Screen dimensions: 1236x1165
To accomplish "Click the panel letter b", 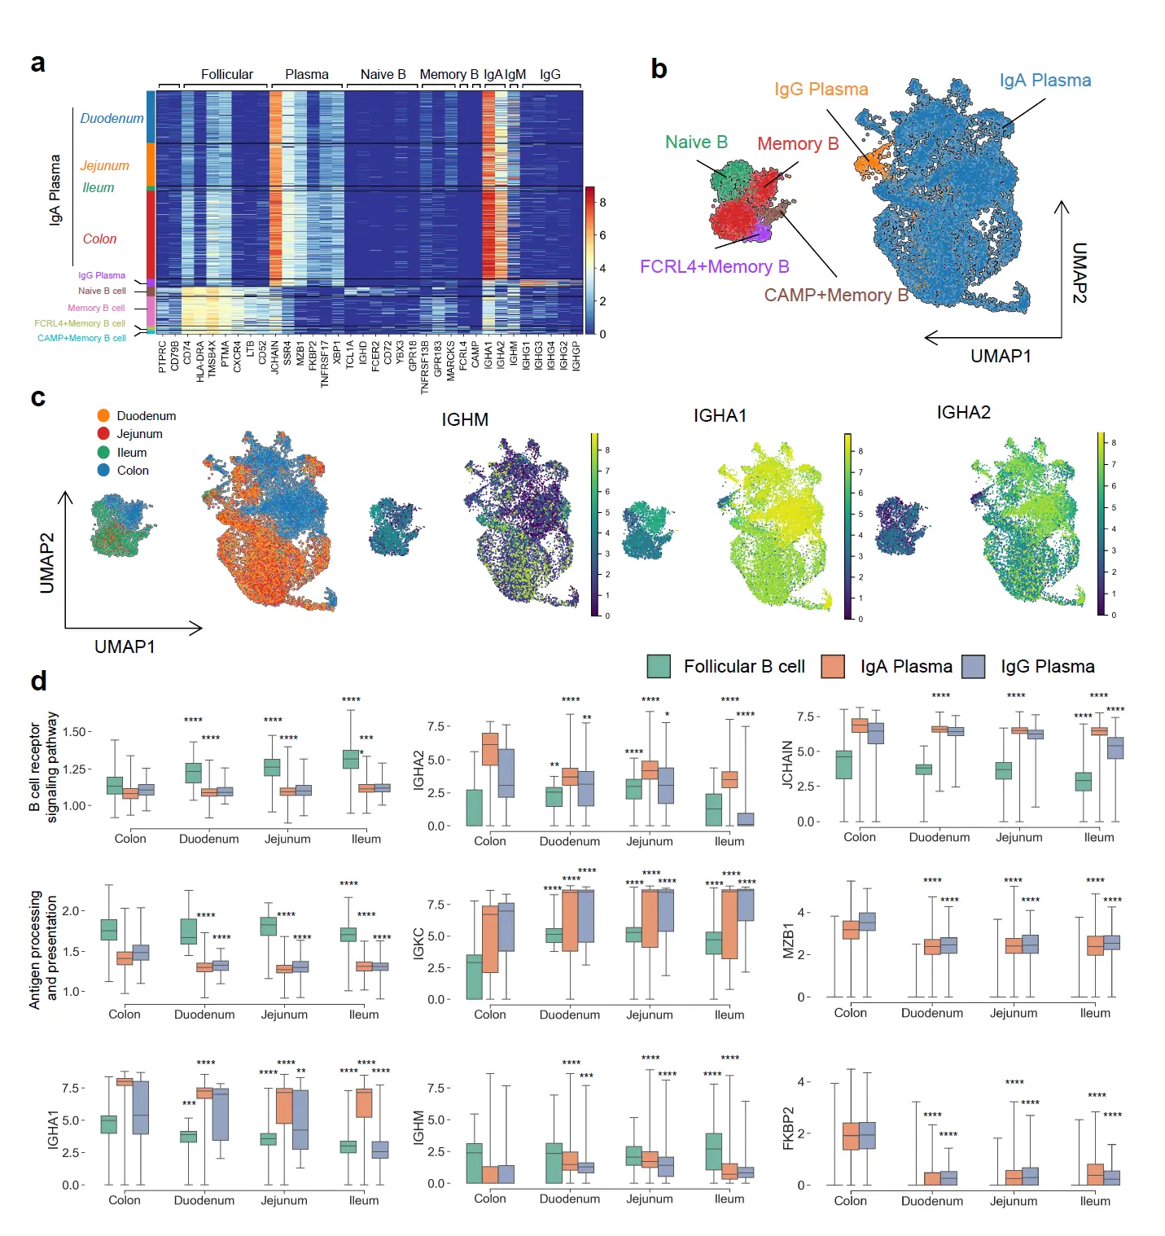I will click(x=659, y=69).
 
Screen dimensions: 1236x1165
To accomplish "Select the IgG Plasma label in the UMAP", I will click(x=821, y=90).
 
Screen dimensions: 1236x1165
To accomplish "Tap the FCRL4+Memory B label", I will click(x=714, y=267).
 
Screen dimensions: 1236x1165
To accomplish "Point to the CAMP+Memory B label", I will click(x=835, y=296).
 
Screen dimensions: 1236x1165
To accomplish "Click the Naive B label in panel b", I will click(x=696, y=142).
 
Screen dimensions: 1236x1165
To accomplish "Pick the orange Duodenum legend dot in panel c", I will click(x=103, y=416).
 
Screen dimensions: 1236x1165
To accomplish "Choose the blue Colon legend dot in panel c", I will click(x=103, y=471).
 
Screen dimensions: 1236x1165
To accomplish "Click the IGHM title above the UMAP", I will click(x=465, y=420).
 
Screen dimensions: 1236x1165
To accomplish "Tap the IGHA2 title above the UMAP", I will click(x=963, y=413).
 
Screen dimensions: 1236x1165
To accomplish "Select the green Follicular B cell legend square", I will click(x=659, y=667).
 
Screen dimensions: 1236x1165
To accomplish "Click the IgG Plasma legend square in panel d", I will click(x=974, y=667).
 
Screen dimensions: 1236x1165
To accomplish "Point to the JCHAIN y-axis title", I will click(x=787, y=764).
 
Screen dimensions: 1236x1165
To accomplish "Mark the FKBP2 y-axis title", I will click(x=787, y=1129).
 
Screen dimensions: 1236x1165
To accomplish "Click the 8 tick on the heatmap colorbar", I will click(x=602, y=202).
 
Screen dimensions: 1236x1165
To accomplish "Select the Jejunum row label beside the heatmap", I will click(x=104, y=166).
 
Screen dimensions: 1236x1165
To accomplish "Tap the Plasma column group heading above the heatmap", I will click(x=306, y=75).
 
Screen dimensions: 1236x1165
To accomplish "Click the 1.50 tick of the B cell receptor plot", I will click(x=75, y=732).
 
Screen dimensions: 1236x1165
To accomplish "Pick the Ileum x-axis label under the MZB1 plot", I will click(x=1095, y=1013).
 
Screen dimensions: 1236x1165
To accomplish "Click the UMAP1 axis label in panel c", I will click(x=125, y=646).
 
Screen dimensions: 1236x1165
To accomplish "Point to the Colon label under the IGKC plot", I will click(x=490, y=1015).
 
